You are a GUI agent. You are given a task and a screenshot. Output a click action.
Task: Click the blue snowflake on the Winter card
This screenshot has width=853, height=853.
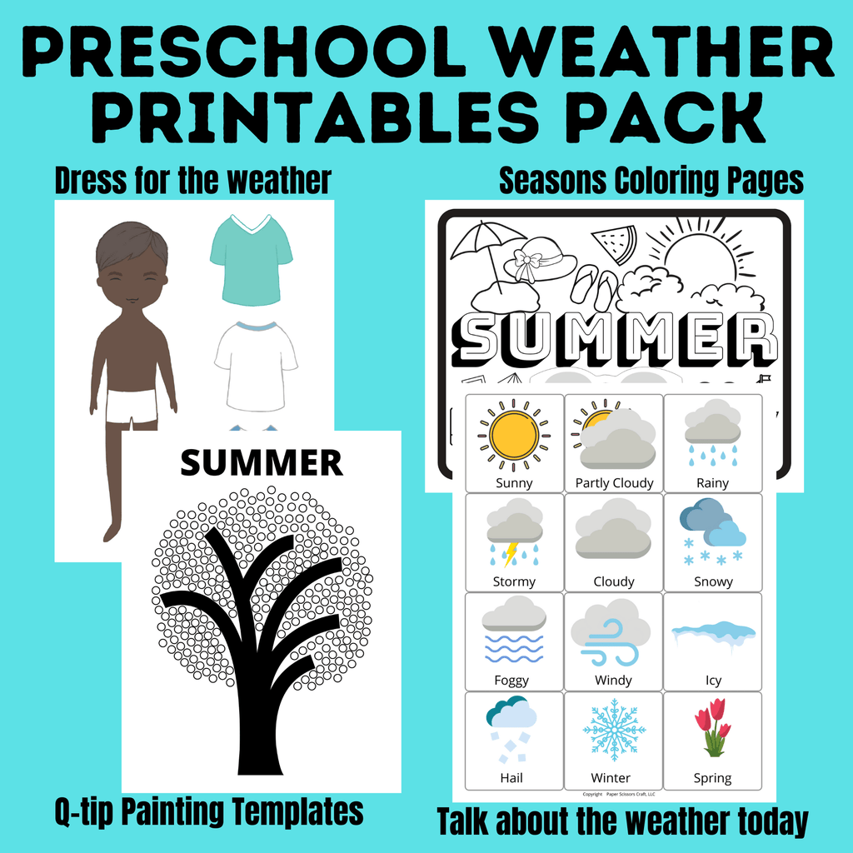pos(614,731)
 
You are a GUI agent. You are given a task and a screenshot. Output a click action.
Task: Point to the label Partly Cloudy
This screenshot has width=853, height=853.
pos(614,482)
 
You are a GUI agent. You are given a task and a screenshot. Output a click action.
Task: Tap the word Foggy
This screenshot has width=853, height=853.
pos(511,680)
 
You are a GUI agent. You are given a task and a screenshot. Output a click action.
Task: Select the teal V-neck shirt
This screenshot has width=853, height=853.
pos(251,261)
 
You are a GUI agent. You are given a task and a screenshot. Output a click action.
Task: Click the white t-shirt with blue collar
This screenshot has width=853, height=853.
pos(255,366)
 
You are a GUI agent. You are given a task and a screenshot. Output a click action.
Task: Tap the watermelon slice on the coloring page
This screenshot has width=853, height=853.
pos(616,242)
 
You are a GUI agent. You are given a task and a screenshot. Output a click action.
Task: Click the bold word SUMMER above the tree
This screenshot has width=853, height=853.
pos(261,462)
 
